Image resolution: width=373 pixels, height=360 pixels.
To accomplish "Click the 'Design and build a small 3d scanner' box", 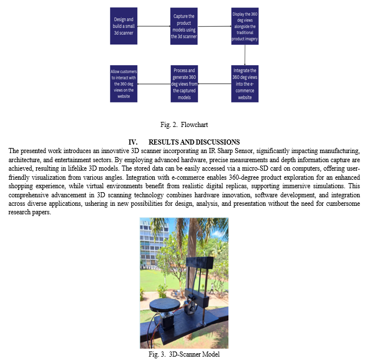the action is (x=124, y=26).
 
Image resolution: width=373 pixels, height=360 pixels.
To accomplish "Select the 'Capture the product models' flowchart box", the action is (x=184, y=26).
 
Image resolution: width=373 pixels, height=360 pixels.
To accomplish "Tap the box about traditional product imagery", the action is (x=245, y=26).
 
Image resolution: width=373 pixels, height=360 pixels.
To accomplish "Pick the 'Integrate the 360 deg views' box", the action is (x=245, y=84).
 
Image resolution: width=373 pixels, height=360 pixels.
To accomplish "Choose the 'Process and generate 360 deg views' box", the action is (x=184, y=84).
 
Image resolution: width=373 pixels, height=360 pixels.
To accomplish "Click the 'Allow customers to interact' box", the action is (x=124, y=84).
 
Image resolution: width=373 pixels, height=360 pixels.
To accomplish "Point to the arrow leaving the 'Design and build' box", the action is (x=154, y=26).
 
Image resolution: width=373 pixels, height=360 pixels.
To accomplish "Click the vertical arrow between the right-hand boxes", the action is (x=245, y=55).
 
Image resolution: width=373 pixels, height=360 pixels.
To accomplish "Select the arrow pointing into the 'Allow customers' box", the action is (x=154, y=84).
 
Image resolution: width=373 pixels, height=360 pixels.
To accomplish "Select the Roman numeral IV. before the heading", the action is (x=133, y=142).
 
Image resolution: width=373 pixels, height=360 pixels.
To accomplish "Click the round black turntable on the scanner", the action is (x=165, y=304).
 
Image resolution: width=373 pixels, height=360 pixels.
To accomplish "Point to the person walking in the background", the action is (x=211, y=289).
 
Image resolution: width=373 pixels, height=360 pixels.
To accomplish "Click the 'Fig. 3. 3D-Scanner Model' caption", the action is (x=184, y=354).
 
